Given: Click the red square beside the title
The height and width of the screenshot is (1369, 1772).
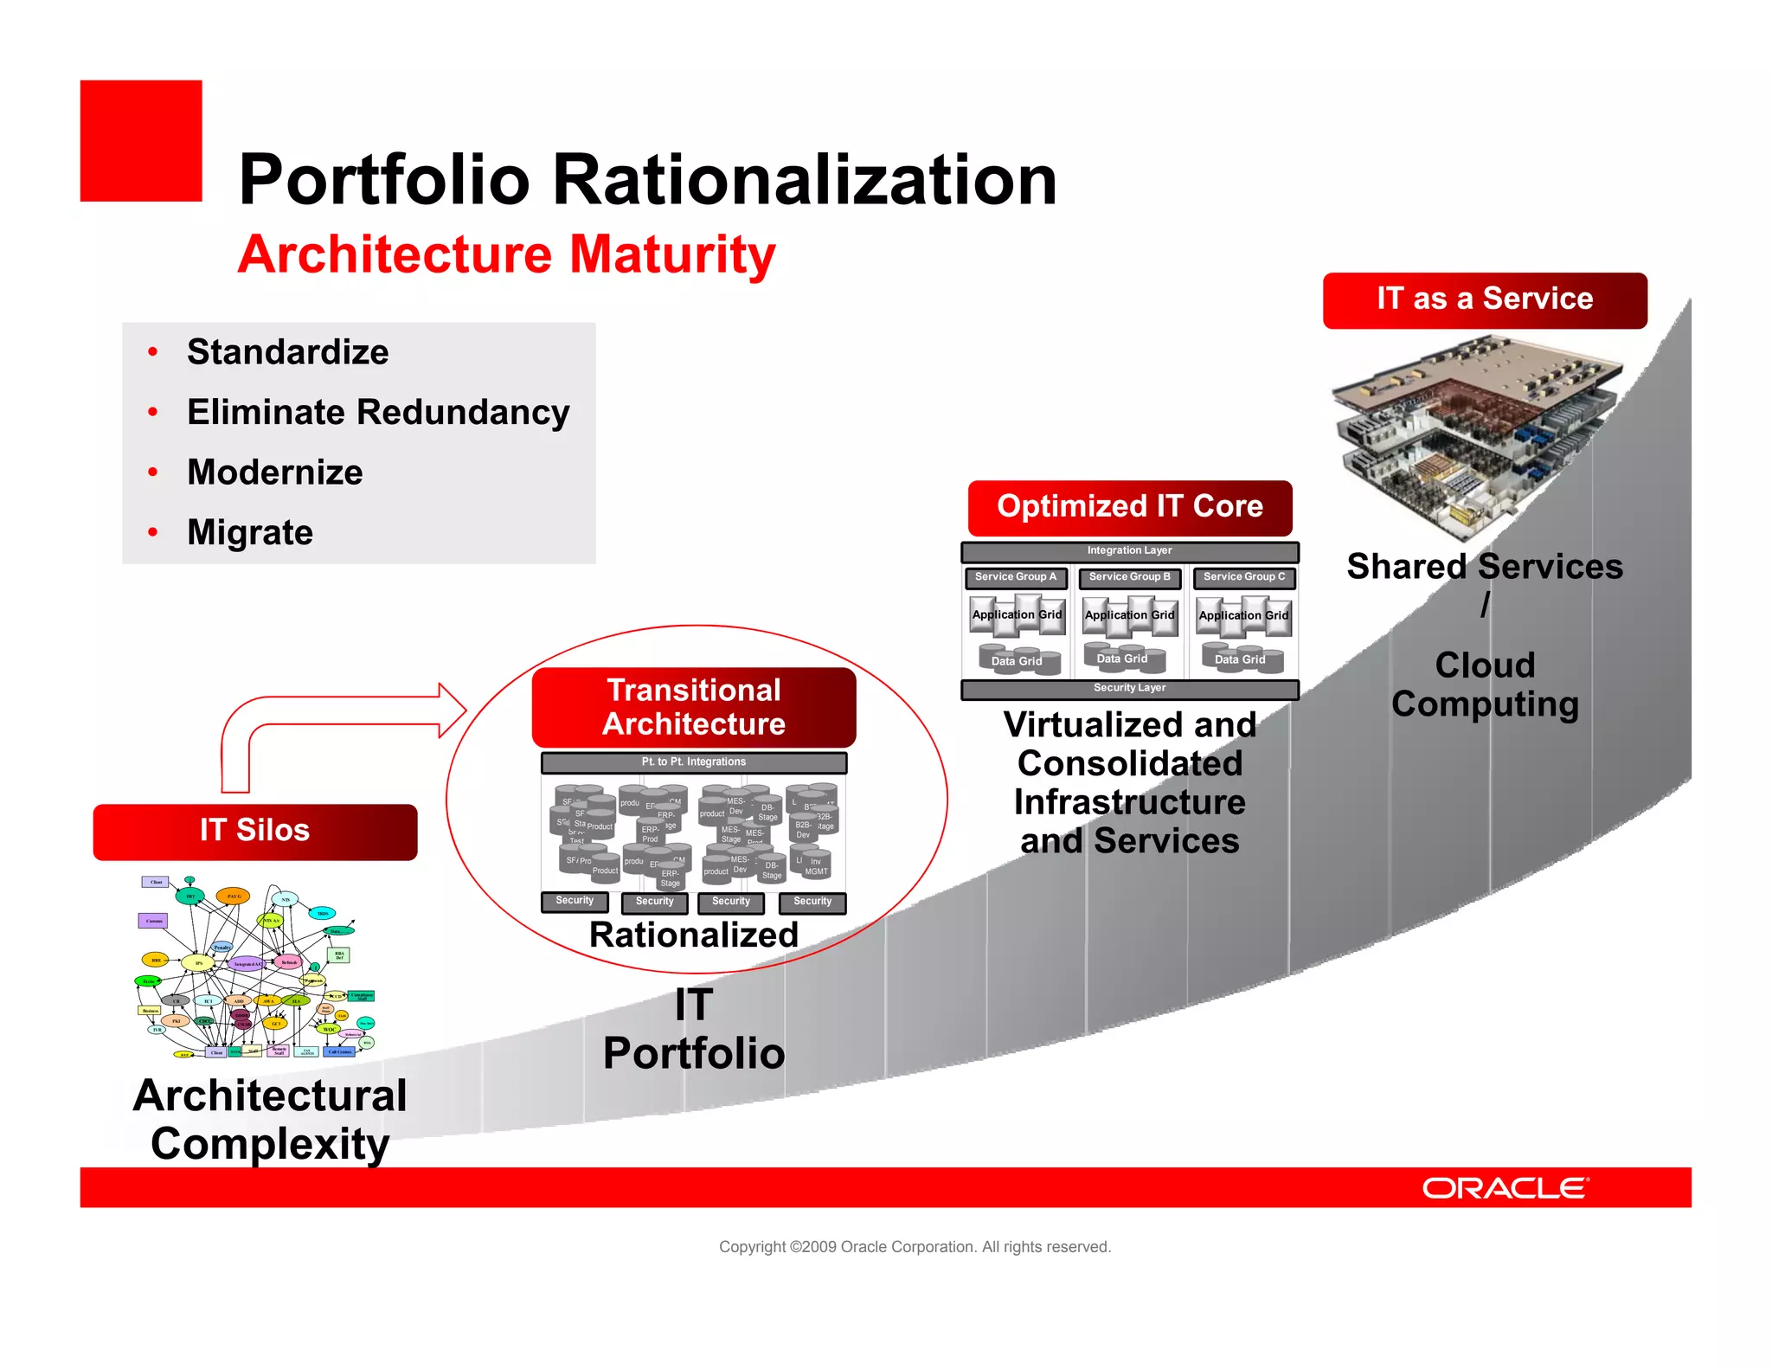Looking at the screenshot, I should [x=140, y=141].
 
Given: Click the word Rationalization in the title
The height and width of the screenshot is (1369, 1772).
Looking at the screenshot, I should [x=804, y=180].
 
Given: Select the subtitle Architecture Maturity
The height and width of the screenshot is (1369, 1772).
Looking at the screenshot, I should [x=506, y=254].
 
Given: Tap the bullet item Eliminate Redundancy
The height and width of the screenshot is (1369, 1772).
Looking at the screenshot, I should [x=378, y=412].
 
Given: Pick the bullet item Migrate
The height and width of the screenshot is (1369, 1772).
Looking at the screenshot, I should [x=250, y=532].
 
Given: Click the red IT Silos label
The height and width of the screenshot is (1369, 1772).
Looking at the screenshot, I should [x=255, y=831].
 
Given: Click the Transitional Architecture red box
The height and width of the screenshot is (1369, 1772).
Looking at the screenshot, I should [x=694, y=707].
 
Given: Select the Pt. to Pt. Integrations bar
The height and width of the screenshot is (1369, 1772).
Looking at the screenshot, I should [x=694, y=762].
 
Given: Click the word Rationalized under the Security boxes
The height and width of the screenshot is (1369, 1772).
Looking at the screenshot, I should [x=694, y=935].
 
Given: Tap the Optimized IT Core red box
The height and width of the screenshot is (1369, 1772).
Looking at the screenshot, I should [x=1129, y=507].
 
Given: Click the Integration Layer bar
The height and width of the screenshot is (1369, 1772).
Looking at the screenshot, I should [x=1129, y=551].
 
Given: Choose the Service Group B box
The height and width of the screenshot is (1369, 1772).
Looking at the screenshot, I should [x=1129, y=577].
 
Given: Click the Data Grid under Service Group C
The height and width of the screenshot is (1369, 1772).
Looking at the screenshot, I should [x=1240, y=659].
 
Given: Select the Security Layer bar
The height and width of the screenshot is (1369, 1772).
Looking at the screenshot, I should [x=1129, y=689].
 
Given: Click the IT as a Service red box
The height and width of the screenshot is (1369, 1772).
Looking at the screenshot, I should [x=1485, y=299].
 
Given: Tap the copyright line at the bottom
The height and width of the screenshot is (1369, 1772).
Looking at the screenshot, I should [x=915, y=1247].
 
